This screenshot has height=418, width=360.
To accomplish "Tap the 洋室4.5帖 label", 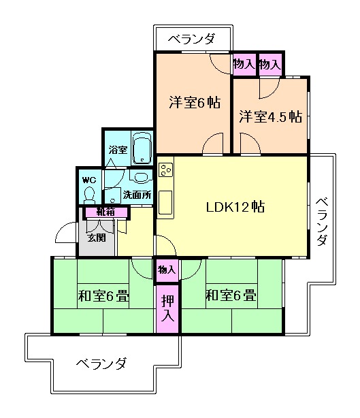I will [270, 116].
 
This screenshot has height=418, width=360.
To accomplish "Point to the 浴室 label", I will [118, 149].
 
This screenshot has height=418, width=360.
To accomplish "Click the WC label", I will [89, 180].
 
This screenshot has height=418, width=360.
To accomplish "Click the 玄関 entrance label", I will [96, 238].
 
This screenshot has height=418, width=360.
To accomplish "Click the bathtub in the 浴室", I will [142, 148].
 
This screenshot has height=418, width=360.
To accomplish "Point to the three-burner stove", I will [167, 170].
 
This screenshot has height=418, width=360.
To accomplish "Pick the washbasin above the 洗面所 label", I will [142, 178].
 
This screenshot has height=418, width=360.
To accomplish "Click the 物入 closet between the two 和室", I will [167, 270].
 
